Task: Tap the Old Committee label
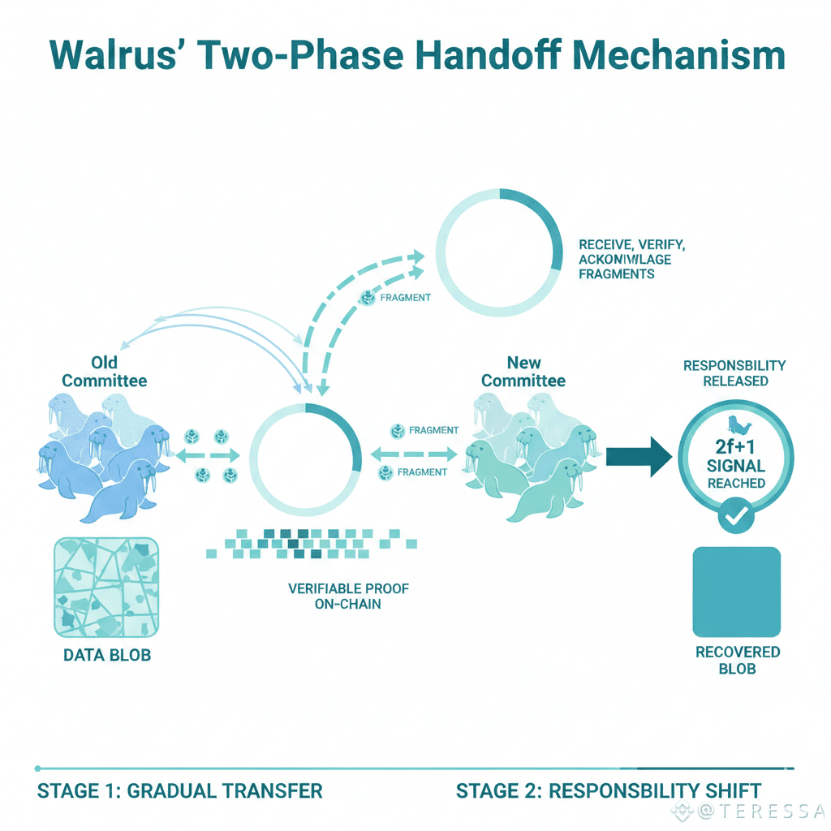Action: [105, 372]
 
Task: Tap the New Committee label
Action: [523, 372]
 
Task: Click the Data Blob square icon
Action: [106, 586]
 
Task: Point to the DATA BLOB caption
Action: [107, 655]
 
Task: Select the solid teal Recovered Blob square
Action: [736, 592]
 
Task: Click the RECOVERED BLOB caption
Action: [737, 660]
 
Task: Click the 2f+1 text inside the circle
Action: [736, 445]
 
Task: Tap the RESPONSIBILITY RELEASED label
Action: [734, 373]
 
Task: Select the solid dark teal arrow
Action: [639, 457]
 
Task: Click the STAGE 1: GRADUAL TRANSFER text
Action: [180, 790]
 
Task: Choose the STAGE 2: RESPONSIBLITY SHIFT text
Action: [609, 790]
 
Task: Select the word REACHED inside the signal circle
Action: [736, 483]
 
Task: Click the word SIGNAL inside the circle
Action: [736, 465]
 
